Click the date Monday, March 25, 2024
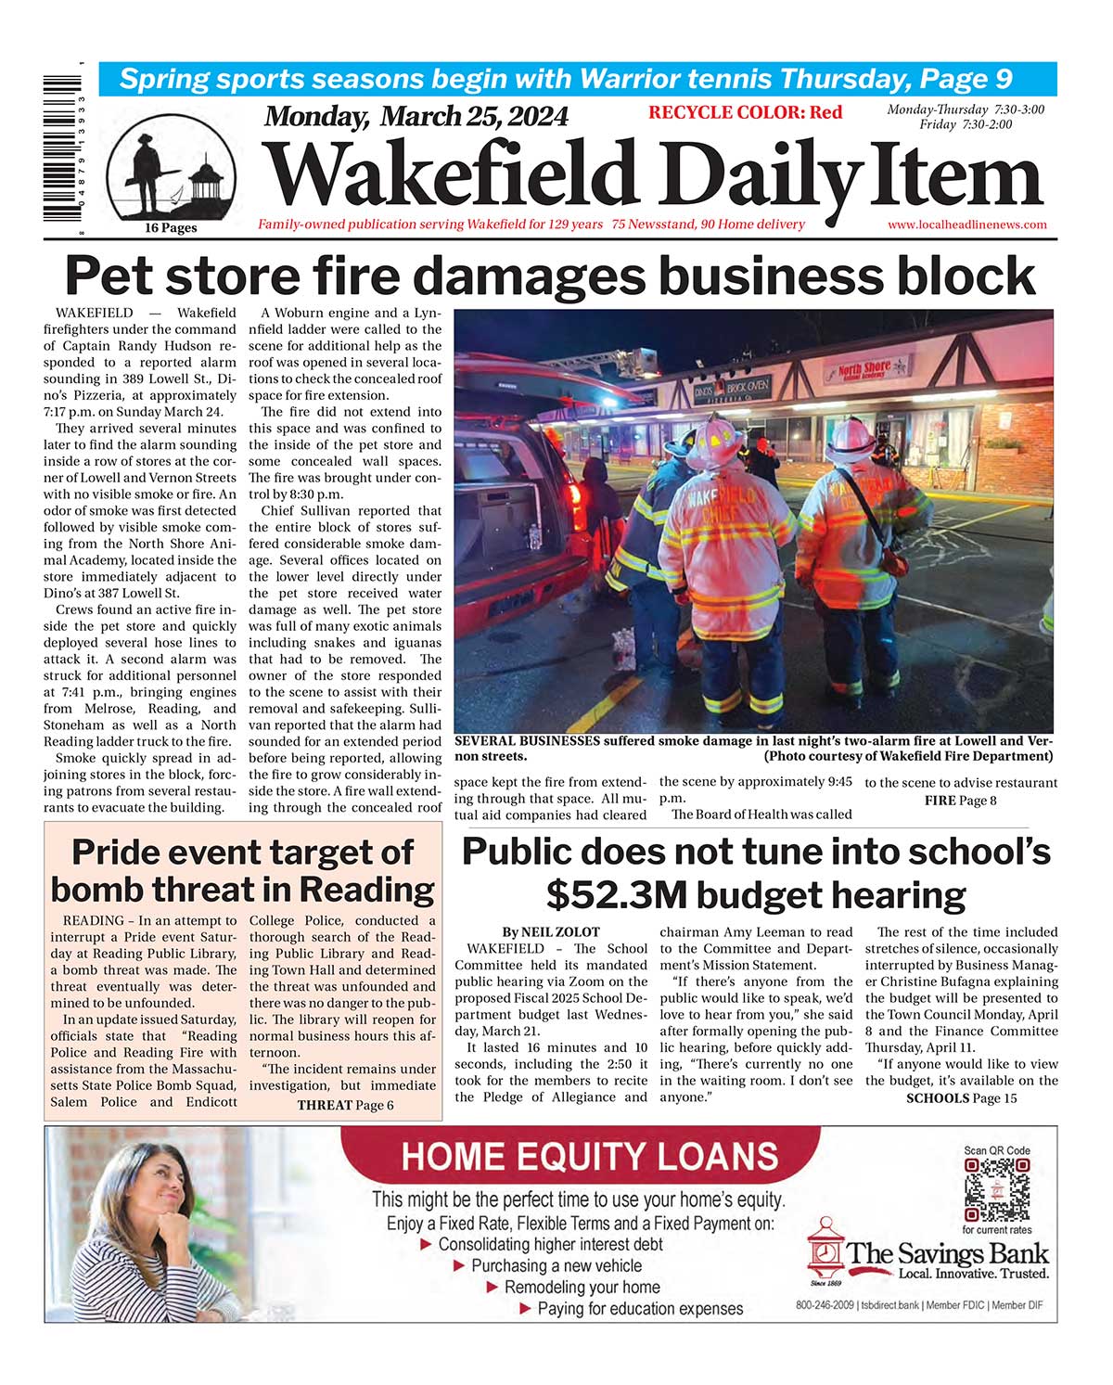[416, 116]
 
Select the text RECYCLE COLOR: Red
[745, 112]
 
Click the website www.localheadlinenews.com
[966, 224]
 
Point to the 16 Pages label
[171, 228]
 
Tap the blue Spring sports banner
[577, 79]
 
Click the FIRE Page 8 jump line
[960, 800]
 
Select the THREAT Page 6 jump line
[345, 1105]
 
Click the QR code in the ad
[996, 1190]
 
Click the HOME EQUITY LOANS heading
[590, 1157]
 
